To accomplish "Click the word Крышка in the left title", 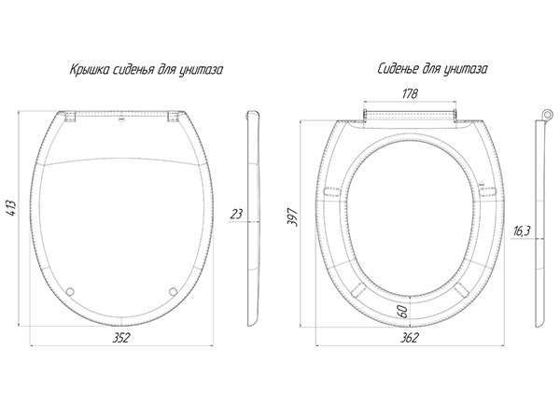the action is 90,70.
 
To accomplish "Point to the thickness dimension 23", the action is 235,214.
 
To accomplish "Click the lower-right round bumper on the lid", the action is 173,289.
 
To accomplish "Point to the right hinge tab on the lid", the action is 172,117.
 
